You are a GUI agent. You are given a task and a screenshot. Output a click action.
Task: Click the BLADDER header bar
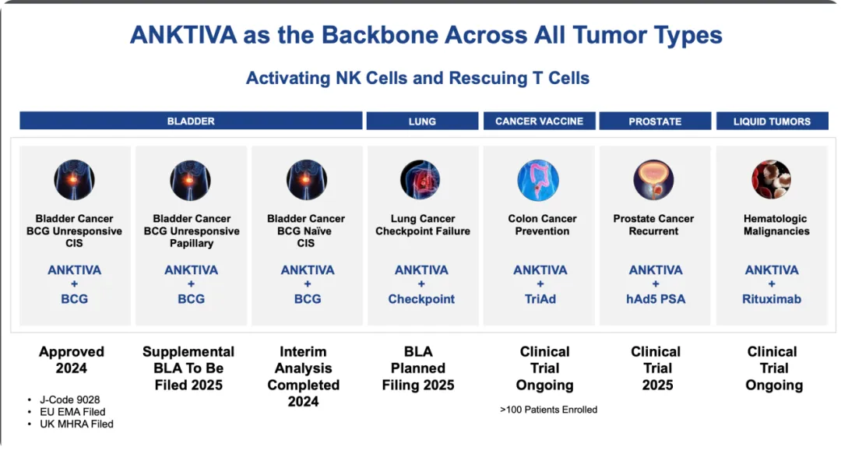(191, 121)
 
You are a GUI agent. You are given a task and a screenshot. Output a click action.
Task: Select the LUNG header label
(422, 121)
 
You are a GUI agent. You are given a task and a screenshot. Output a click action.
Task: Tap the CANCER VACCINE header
(539, 121)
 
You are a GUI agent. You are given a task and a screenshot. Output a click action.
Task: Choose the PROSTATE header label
(655, 121)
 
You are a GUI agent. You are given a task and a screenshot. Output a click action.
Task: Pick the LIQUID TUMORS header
(772, 121)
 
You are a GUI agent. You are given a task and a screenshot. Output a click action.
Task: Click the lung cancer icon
(420, 180)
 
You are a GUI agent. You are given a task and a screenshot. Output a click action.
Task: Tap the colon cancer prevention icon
(538, 180)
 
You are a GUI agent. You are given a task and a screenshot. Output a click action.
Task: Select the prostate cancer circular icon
(654, 180)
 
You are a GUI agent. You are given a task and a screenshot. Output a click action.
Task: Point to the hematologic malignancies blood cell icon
(771, 180)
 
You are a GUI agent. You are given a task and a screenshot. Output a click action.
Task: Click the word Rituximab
(771, 299)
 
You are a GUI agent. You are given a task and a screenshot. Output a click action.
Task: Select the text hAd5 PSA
(656, 299)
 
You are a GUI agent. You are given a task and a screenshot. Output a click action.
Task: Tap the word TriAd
(540, 299)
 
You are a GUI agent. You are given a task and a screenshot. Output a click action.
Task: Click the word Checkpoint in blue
(421, 299)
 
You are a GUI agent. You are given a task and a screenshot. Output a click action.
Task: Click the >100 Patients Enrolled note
(549, 410)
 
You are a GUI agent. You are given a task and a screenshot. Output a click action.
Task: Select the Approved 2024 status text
(72, 360)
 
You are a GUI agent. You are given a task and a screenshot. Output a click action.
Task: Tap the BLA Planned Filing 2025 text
(418, 368)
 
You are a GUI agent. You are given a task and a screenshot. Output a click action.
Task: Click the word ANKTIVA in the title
(184, 35)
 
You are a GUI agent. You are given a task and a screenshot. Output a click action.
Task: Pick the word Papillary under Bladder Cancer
(192, 243)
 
